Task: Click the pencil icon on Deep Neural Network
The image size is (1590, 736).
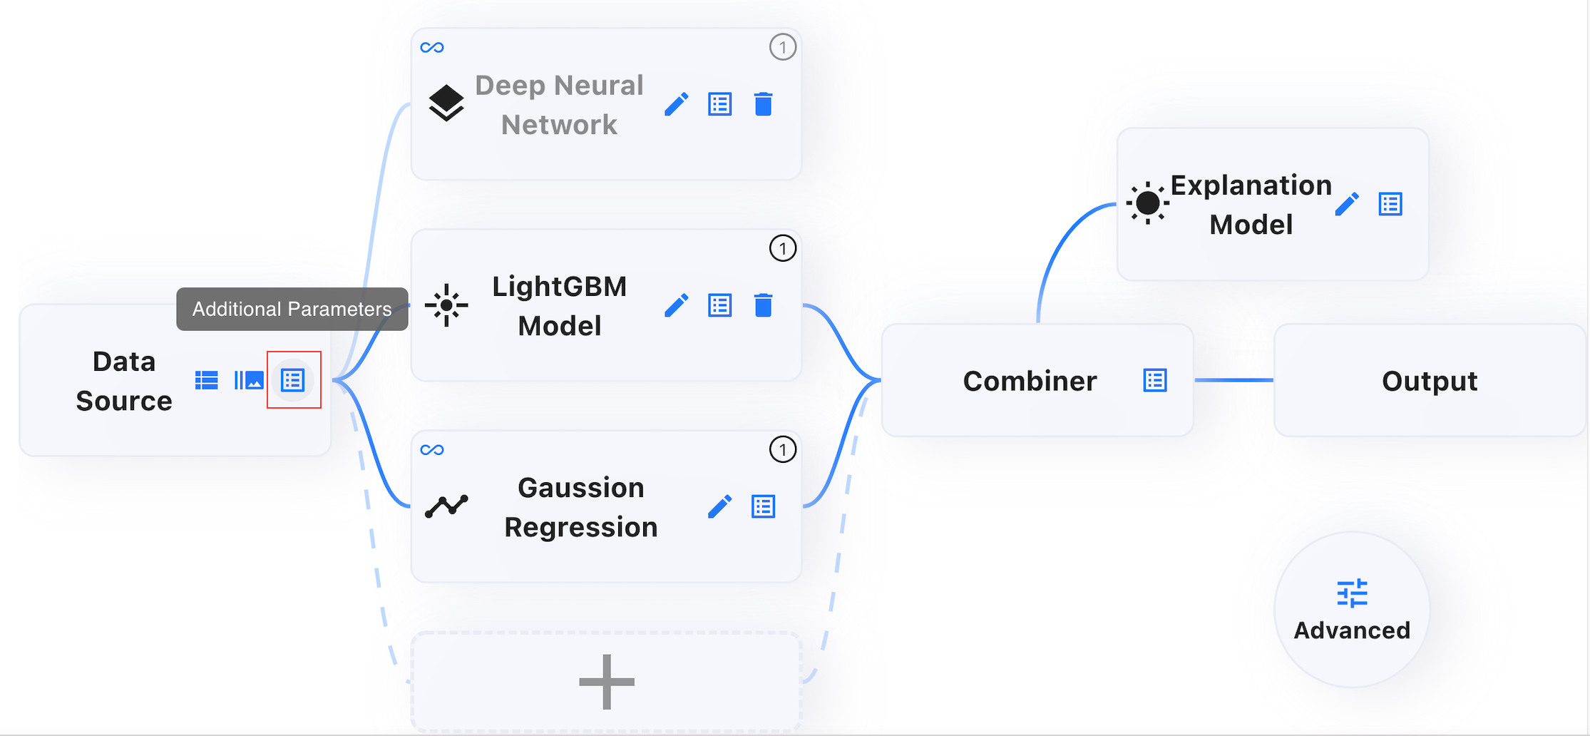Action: tap(676, 104)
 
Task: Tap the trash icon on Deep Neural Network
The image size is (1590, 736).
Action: tap(763, 104)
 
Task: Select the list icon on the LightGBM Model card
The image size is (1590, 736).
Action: tap(719, 305)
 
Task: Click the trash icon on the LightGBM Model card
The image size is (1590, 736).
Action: tap(763, 305)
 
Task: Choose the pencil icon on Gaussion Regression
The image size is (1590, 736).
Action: tap(719, 506)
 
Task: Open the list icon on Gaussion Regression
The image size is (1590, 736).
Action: tap(763, 506)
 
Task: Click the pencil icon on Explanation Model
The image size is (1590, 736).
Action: tap(1346, 204)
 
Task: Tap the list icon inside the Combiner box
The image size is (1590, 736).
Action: tap(1155, 380)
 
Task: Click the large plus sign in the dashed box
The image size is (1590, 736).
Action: tap(607, 682)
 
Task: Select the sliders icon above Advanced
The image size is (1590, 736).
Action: tap(1352, 593)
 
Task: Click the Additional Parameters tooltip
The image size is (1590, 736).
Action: tap(292, 309)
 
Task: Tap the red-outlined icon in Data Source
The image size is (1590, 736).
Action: tap(293, 380)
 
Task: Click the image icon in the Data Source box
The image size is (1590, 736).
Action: tap(249, 380)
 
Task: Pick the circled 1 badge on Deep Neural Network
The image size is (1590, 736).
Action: tap(783, 47)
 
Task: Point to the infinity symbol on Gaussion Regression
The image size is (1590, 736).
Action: tap(432, 450)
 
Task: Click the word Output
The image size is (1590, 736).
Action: tap(1430, 381)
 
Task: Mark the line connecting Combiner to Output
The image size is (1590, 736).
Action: tap(1233, 380)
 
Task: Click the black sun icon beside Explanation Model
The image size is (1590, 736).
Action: tap(1147, 203)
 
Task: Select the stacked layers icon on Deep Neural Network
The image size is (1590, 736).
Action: tap(446, 103)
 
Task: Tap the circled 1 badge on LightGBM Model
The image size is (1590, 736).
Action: tap(783, 248)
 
